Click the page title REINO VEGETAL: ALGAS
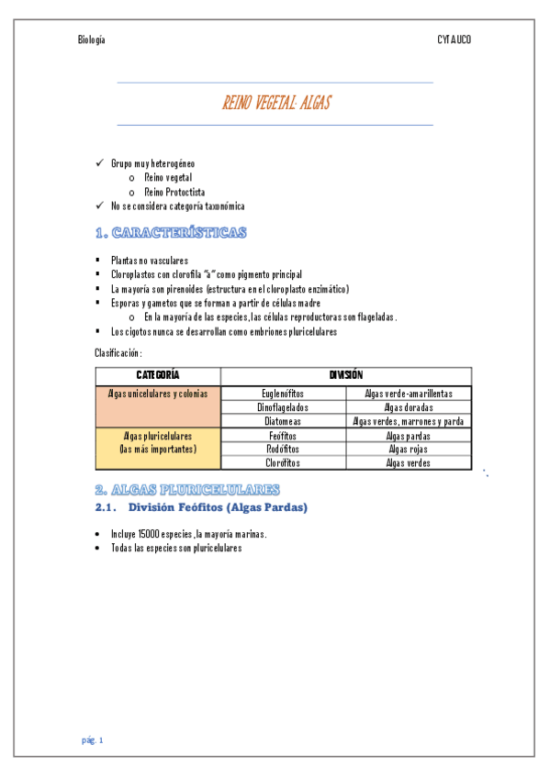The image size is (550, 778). pos(275,104)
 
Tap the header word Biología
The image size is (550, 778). pos(92,39)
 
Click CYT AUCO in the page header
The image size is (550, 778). pos(454,39)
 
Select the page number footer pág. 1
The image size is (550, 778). pos(93,739)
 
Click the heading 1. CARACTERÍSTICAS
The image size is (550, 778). pos(170,233)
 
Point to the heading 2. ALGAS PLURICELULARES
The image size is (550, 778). pos(187,489)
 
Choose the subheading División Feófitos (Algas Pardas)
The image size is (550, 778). pos(218,507)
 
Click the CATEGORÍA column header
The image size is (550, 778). pos(158,375)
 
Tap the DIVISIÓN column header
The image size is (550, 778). pos(346,375)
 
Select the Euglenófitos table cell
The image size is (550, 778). pos(284,394)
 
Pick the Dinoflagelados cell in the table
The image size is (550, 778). pos(284,407)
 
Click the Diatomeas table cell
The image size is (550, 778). pos(284,421)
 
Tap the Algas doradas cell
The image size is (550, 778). pos(409,407)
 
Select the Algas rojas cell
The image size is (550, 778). pos(409,450)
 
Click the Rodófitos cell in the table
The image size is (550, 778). pos(284,450)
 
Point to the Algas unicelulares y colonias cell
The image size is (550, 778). pos(158,394)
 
